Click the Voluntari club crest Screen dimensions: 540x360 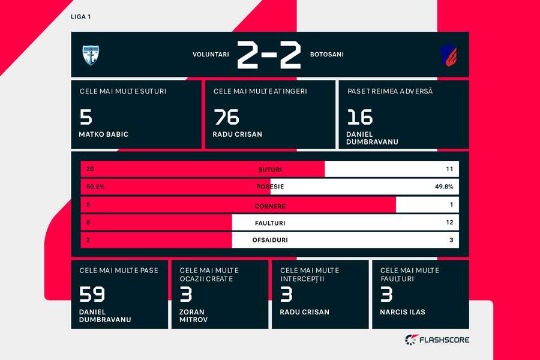pos(91,55)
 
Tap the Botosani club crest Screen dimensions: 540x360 pos(449,55)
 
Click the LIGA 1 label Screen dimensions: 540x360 pos(80,17)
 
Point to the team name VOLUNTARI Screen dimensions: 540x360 pos(211,55)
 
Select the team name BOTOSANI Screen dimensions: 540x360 pos(327,55)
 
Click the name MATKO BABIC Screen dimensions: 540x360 pos(103,134)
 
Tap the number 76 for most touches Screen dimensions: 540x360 pos(226,117)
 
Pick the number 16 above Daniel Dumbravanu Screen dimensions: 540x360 pos(359,117)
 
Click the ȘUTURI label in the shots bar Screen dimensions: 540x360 pos(270,169)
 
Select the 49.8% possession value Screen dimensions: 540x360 pos(444,187)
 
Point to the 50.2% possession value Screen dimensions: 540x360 pos(95,187)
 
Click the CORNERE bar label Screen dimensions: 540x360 pos(270,206)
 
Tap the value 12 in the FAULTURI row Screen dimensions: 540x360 pos(449,222)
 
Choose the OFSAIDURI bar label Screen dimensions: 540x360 pos(270,240)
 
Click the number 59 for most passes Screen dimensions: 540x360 pos(92,295)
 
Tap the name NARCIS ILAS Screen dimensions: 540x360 pos(402,312)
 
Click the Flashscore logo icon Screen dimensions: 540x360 pos(412,340)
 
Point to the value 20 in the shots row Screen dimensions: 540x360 pos(90,169)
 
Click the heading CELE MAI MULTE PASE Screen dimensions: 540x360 pos(119,271)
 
